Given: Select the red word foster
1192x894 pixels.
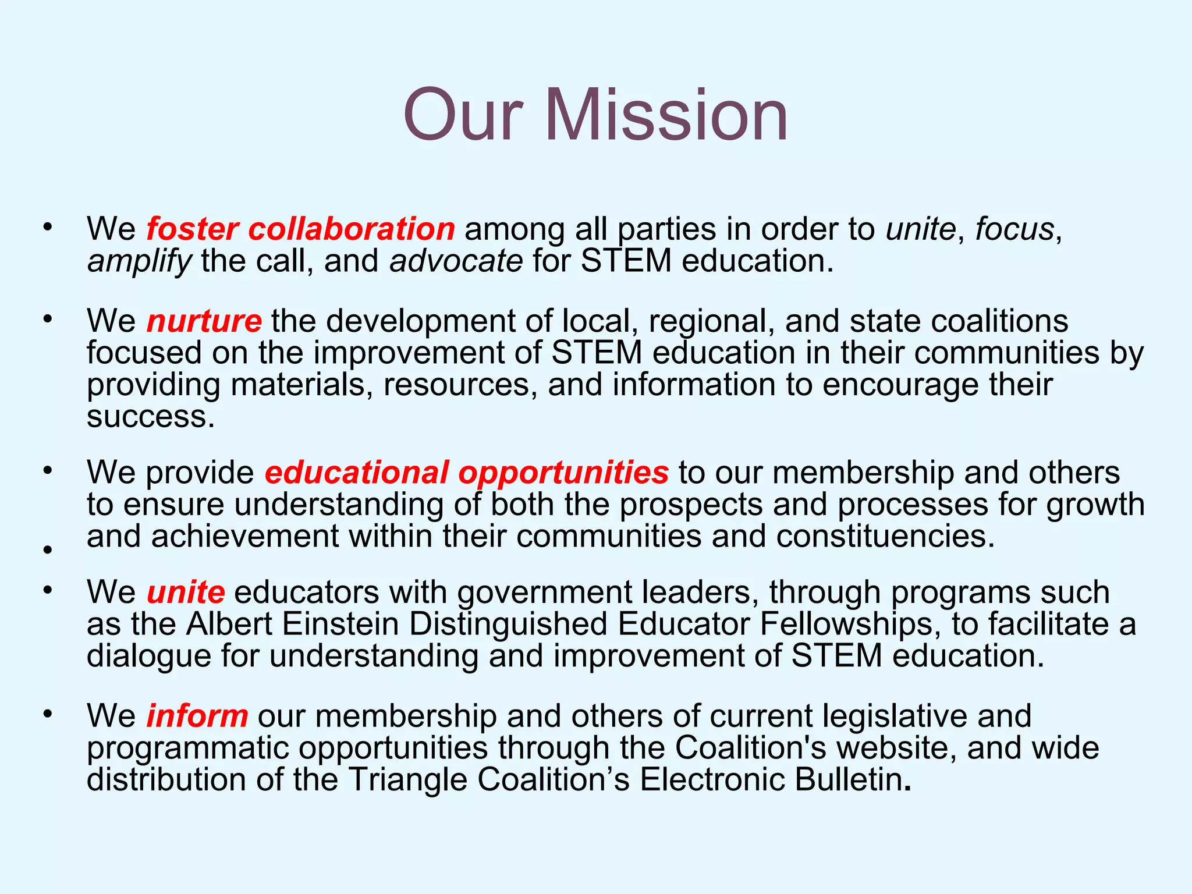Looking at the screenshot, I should (x=192, y=229).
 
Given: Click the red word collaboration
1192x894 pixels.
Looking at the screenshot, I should (x=352, y=229).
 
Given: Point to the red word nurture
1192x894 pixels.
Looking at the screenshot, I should (x=204, y=321).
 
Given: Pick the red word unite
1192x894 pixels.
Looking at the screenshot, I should (x=185, y=592).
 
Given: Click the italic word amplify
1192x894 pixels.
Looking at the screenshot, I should (x=139, y=261).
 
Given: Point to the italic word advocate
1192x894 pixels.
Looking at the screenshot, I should (x=456, y=261).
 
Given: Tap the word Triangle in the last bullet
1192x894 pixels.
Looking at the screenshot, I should (x=408, y=779).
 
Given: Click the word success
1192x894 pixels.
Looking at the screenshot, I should (x=151, y=416).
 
